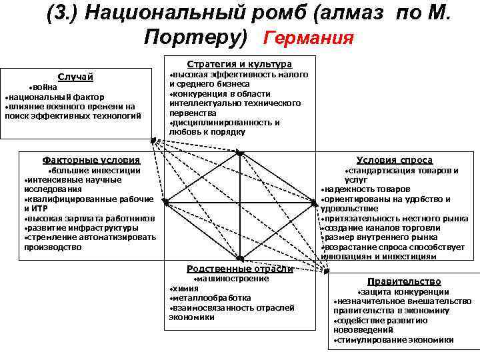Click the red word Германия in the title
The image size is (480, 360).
coord(308,37)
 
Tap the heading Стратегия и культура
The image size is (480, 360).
coord(239,64)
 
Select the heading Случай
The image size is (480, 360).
coord(75,77)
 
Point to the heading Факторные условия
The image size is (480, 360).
coord(91,160)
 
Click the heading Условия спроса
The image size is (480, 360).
coord(394,160)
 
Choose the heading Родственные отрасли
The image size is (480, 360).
coord(239,269)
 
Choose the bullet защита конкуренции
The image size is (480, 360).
coord(403,292)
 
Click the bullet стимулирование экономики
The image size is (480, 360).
coord(395,340)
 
